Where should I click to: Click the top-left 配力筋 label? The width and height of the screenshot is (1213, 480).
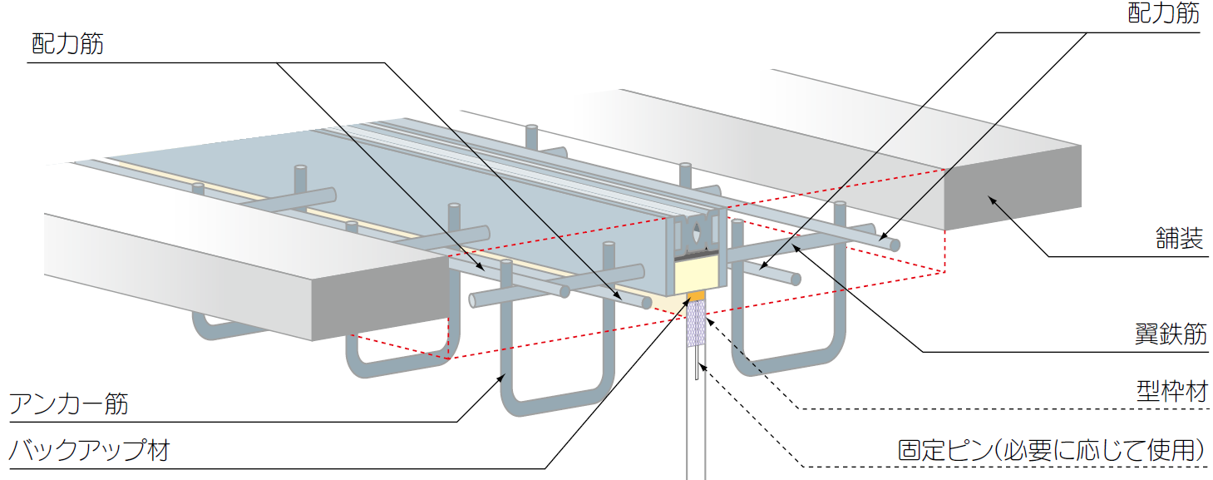click(67, 43)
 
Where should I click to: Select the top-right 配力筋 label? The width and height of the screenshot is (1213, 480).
click(1163, 13)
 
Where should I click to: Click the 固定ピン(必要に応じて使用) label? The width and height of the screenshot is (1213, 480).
click(1052, 450)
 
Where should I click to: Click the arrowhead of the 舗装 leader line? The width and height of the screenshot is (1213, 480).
click(989, 197)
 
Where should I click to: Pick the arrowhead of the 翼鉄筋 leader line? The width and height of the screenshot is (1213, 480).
click(794, 245)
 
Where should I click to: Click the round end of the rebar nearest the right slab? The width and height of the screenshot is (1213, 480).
click(893, 245)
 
